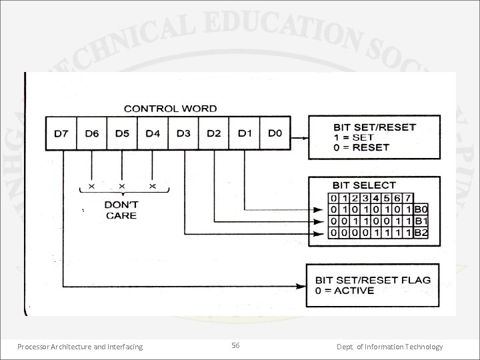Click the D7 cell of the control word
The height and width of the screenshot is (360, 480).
pos(61,133)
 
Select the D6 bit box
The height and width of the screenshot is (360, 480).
pos(92,133)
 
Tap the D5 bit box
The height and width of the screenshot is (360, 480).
pos(122,133)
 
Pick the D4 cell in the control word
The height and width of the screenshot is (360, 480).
pos(153,133)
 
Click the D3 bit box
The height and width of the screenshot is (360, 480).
pos(183,133)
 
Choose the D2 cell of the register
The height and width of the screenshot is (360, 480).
pos(213,133)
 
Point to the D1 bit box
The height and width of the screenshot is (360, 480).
pos(244,133)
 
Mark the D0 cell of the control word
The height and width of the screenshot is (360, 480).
pos(275,133)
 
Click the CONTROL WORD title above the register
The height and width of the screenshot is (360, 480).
pos(171,109)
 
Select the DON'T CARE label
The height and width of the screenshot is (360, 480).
pos(121,211)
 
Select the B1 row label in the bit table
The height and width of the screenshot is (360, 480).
pos(421,220)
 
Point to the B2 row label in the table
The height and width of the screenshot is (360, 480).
pos(421,232)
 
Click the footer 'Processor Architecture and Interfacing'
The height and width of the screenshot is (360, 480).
pos(80,347)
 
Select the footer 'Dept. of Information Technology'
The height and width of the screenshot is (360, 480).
pos(389,347)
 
